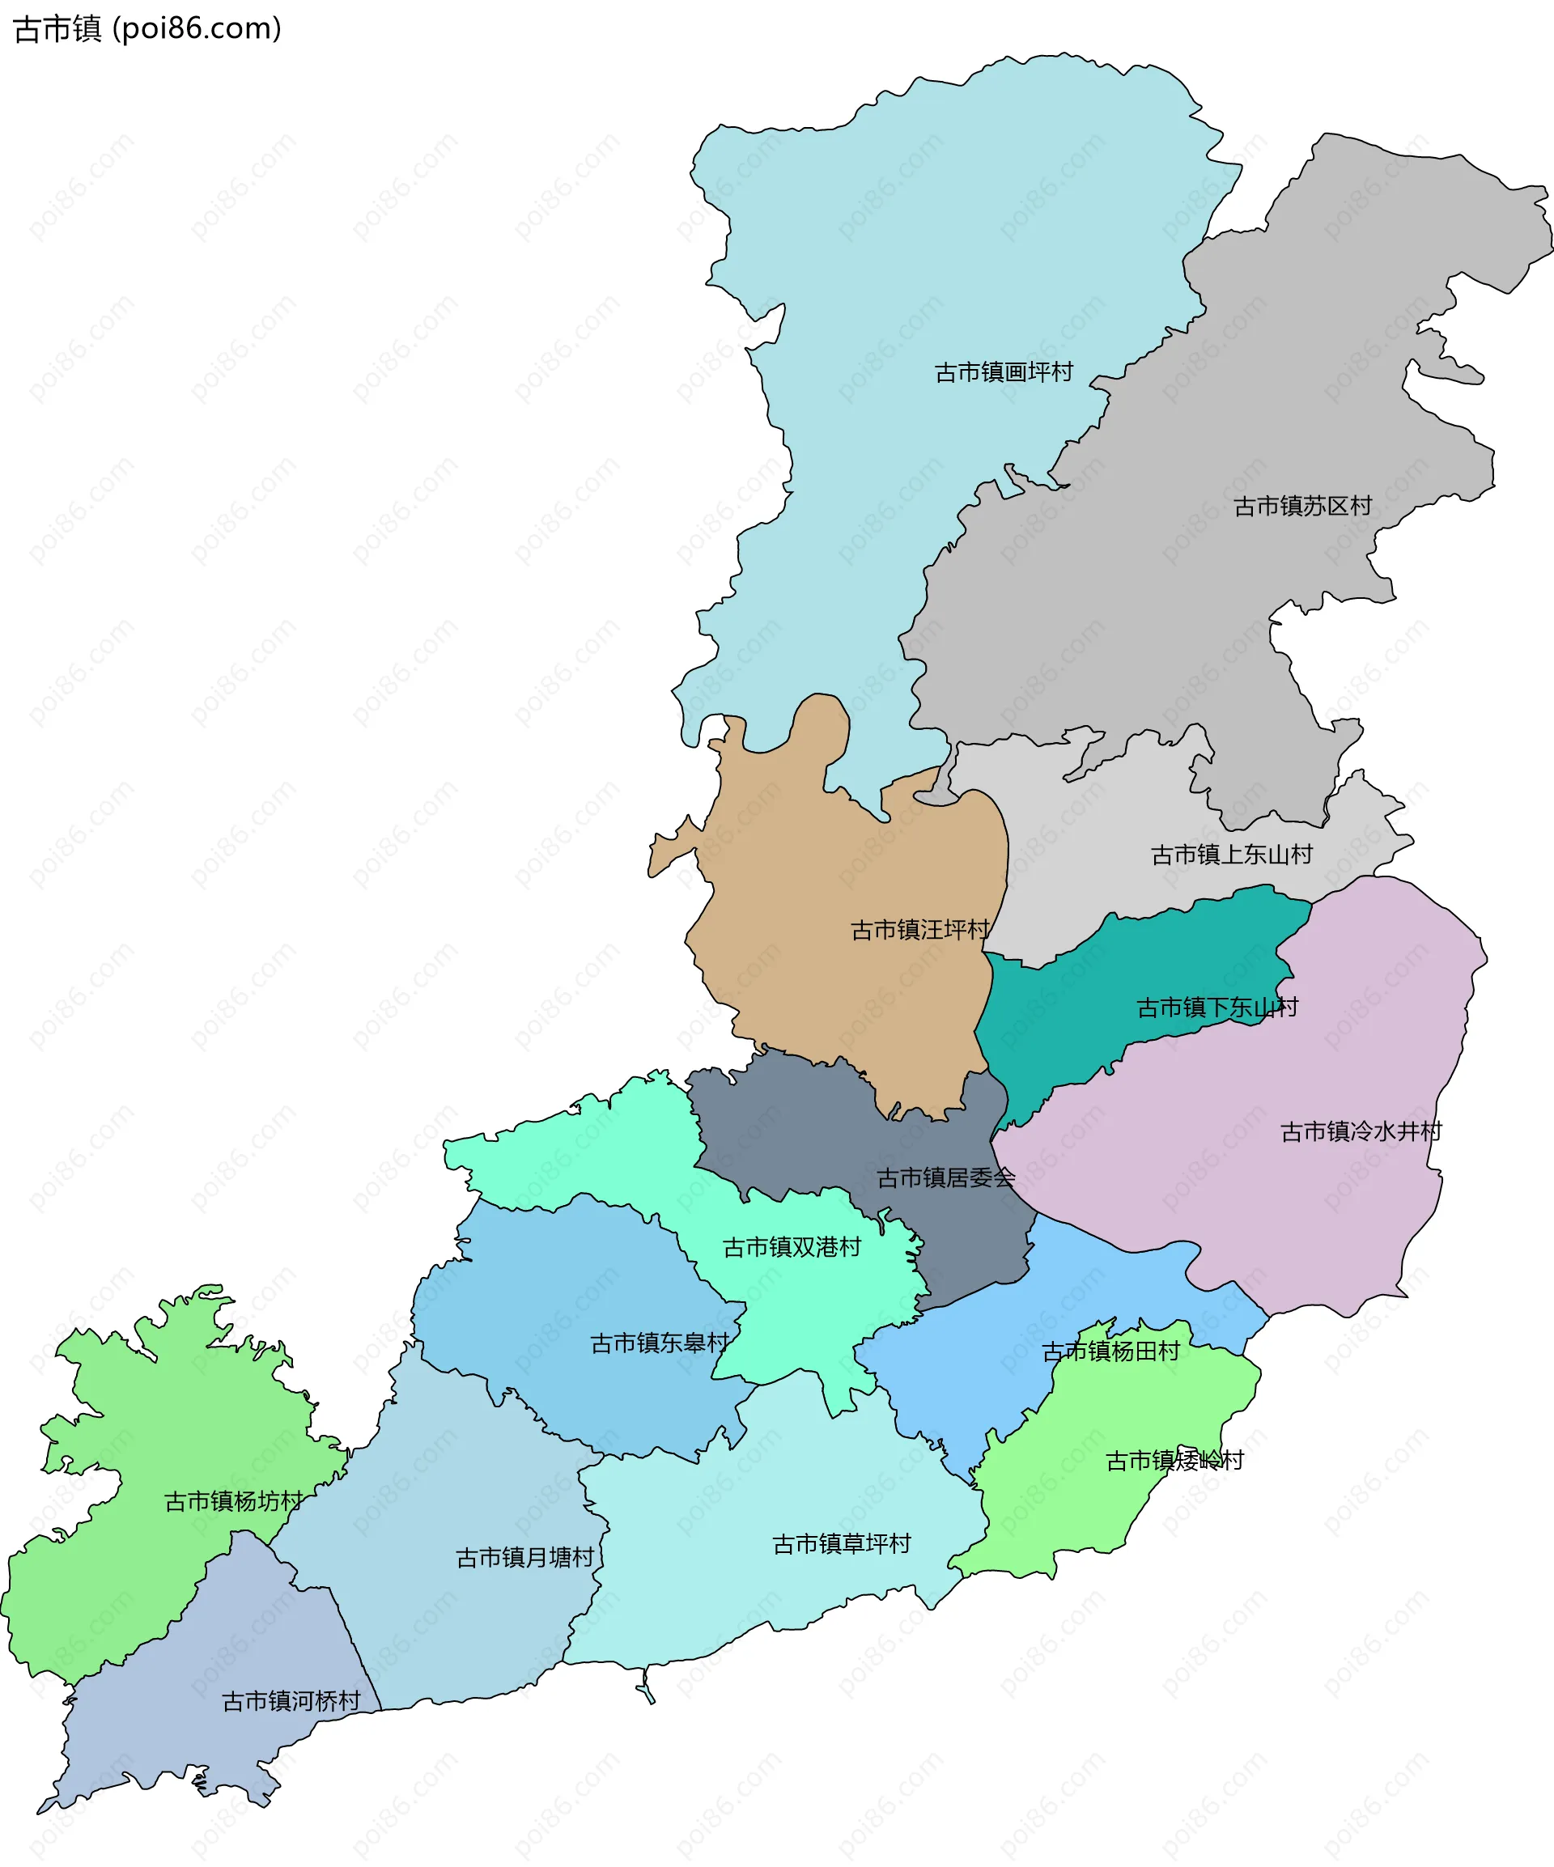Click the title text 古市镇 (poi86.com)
pos(147,29)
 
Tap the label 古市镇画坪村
pos(1004,372)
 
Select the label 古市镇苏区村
pos(1302,507)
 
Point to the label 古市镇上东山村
pos(1231,855)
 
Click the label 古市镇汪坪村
pos(920,931)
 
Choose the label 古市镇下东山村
pos(1217,1008)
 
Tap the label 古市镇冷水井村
pos(1361,1131)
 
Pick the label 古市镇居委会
pos(946,1179)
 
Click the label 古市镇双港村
pos(792,1248)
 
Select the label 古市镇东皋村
pos(660,1343)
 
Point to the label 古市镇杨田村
pos(1110,1351)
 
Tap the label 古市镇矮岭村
pos(1174,1461)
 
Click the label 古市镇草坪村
pos(842,1544)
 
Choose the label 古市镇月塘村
pos(524,1559)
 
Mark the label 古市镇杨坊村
pos(234,1501)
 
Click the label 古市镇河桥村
pos(291,1702)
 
